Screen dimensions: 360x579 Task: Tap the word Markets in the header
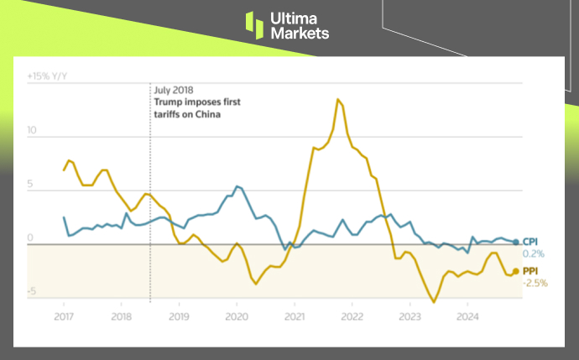(300, 33)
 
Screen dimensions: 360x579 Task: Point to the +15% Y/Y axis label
(47, 76)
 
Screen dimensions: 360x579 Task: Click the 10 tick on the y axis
(33, 131)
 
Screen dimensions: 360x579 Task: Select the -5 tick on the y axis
(33, 292)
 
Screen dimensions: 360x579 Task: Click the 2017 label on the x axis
(64, 317)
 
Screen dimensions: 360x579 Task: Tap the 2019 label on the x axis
(179, 317)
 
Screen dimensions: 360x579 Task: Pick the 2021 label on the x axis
(295, 317)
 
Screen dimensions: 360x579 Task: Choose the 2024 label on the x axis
(467, 317)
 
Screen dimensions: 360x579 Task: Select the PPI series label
(531, 271)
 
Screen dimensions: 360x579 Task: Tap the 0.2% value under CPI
(534, 253)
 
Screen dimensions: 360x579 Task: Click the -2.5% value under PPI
(535, 283)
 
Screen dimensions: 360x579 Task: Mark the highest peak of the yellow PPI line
(337, 99)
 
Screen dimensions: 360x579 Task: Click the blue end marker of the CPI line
(515, 242)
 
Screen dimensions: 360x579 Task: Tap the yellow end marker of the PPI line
(515, 271)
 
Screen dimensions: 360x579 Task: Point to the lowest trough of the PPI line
(434, 302)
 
